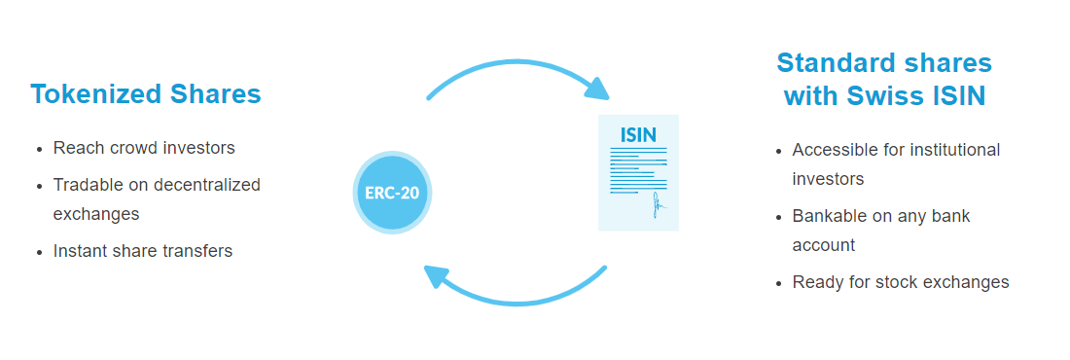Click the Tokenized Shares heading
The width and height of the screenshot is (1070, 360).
click(146, 93)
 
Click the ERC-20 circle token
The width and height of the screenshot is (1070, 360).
click(392, 193)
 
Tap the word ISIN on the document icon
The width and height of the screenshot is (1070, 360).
click(639, 134)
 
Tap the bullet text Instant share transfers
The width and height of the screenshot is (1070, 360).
click(143, 251)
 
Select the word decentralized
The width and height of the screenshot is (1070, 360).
click(207, 185)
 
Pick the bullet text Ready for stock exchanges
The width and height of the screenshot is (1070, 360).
click(901, 282)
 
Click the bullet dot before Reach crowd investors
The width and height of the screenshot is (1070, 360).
click(40, 149)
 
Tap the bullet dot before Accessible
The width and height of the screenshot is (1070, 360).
click(779, 150)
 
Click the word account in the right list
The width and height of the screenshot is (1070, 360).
click(824, 244)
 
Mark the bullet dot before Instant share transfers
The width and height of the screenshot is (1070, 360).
click(40, 252)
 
